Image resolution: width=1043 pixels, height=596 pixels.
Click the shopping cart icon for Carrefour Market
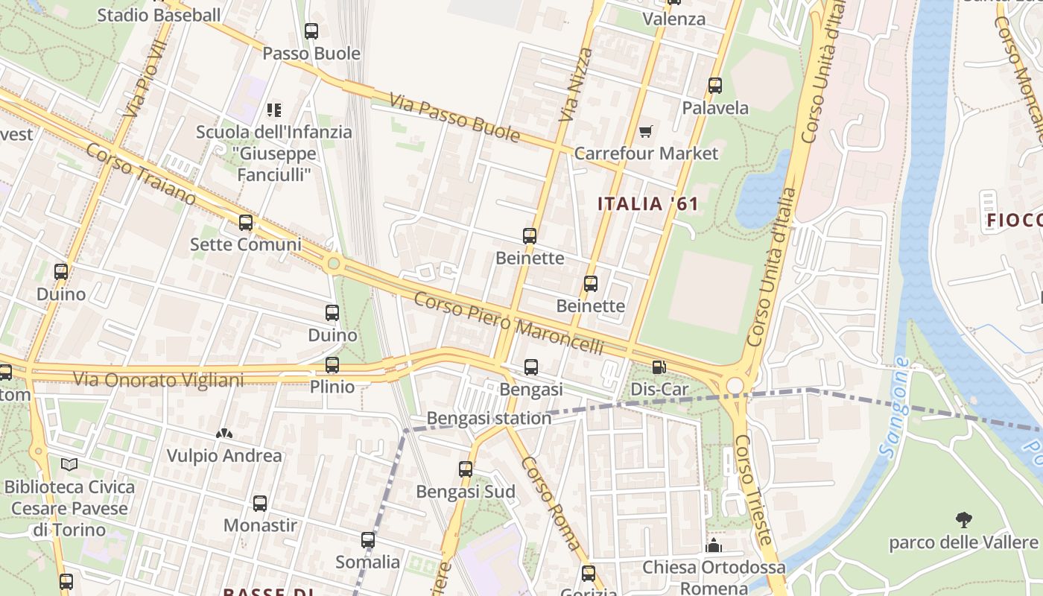point(645,132)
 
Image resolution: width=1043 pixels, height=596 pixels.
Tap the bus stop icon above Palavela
point(715,86)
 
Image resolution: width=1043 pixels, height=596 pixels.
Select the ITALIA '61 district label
point(648,204)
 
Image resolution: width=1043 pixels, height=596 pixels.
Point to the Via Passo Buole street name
point(454,117)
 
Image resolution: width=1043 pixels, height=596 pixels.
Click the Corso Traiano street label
point(140,174)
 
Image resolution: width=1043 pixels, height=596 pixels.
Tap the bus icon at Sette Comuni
point(245,223)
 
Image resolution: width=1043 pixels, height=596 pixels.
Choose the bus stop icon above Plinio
point(332,365)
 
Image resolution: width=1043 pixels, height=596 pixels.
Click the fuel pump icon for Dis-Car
point(659,367)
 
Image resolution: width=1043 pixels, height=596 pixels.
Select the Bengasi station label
point(489,419)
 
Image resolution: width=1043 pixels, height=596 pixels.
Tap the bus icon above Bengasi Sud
point(466,469)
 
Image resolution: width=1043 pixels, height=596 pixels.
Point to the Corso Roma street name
point(551,503)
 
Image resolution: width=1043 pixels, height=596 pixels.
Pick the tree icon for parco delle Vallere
point(963,519)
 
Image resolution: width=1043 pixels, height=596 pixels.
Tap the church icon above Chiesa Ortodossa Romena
point(714,546)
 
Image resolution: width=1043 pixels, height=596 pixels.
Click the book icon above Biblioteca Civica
point(69,465)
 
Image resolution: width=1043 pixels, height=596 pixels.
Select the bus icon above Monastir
point(260,504)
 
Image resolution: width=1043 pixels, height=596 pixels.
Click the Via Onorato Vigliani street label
point(158,380)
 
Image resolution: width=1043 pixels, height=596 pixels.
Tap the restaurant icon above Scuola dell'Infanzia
point(274,110)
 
